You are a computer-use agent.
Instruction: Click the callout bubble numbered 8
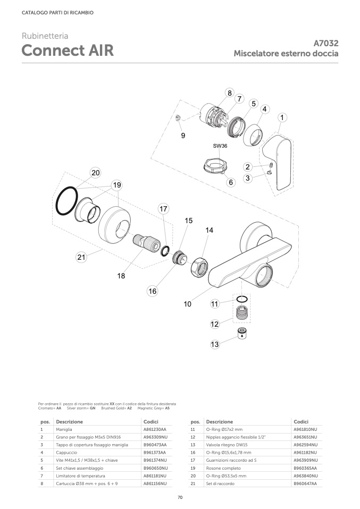(x=230, y=93)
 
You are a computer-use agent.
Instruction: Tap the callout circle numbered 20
(x=96, y=173)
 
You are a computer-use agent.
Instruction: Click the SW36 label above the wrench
(x=220, y=146)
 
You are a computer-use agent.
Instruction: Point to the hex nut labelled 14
(x=199, y=267)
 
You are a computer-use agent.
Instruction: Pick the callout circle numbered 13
(x=215, y=344)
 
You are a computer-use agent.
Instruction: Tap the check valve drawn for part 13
(x=242, y=333)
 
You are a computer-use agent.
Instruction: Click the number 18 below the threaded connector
(x=121, y=276)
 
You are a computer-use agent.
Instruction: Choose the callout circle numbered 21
(x=81, y=257)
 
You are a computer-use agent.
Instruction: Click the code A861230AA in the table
(x=155, y=429)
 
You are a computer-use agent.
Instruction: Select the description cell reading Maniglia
(x=64, y=429)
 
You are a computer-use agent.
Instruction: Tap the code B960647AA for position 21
(x=305, y=483)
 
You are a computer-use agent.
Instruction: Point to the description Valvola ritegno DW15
(x=227, y=445)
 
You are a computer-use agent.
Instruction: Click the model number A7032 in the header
(x=326, y=43)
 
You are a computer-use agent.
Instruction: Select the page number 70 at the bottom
(x=180, y=497)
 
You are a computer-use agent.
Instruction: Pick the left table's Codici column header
(x=151, y=422)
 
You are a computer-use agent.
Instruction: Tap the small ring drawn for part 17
(x=165, y=251)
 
